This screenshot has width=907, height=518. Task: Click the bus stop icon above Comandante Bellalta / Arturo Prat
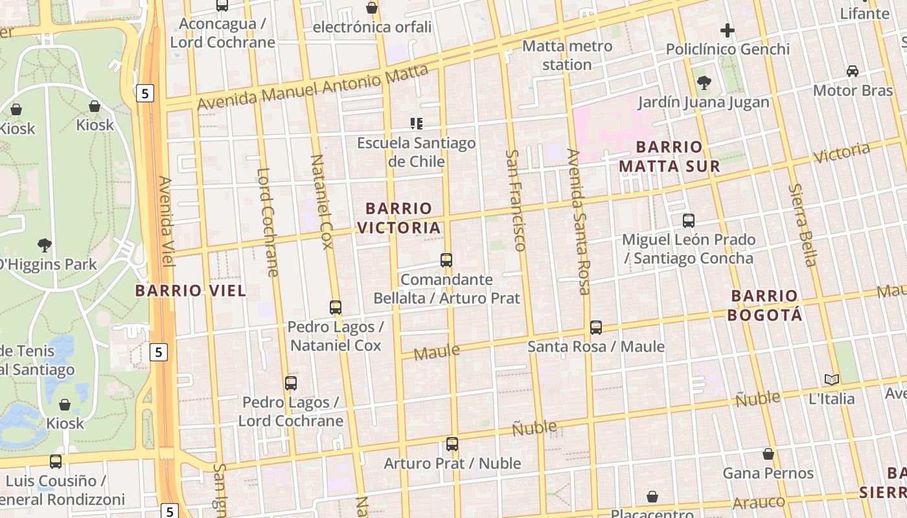pyautogui.click(x=446, y=260)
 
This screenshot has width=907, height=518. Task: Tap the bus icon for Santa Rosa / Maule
pyautogui.click(x=596, y=328)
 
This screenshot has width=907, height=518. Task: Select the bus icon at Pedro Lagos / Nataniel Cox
pyautogui.click(x=336, y=308)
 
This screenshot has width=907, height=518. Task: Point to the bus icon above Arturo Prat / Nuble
pyautogui.click(x=452, y=444)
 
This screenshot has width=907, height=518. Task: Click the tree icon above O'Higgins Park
pyautogui.click(x=44, y=245)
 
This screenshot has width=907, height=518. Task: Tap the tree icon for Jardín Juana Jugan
pyautogui.click(x=704, y=83)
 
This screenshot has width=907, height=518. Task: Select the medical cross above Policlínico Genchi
pyautogui.click(x=728, y=30)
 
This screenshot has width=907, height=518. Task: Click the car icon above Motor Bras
pyautogui.click(x=853, y=71)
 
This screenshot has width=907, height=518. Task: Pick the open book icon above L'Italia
pyautogui.click(x=831, y=379)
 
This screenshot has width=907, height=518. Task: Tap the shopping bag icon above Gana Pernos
pyautogui.click(x=768, y=454)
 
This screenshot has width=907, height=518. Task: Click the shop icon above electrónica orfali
pyautogui.click(x=372, y=8)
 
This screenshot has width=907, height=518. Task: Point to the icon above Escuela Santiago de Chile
pyautogui.click(x=416, y=123)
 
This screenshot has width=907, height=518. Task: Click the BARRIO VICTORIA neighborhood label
pyautogui.click(x=398, y=218)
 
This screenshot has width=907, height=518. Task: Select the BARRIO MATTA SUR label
pyautogui.click(x=669, y=157)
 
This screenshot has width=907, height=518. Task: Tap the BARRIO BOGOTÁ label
pyautogui.click(x=764, y=306)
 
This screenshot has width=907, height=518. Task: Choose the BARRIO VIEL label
pyautogui.click(x=190, y=291)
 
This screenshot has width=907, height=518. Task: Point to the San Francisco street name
pyautogui.click(x=515, y=200)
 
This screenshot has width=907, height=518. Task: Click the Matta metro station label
pyautogui.click(x=567, y=55)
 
